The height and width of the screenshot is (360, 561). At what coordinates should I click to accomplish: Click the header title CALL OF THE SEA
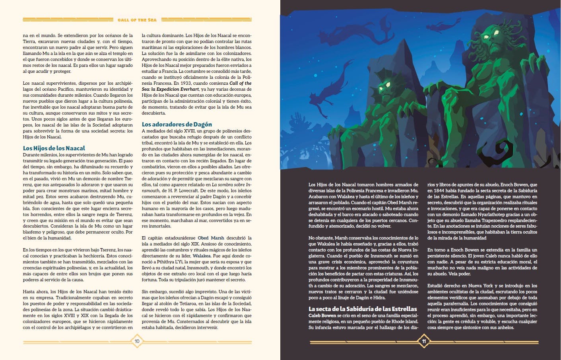[137, 19]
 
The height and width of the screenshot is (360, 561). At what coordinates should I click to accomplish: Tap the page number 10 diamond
[137, 341]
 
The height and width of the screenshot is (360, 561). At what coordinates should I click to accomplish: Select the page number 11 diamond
[424, 341]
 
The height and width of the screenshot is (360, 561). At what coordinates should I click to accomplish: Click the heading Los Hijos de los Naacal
[54, 148]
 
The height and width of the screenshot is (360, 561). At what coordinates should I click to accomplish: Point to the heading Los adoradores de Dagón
[177, 124]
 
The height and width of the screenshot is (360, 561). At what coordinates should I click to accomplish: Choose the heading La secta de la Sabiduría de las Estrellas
[363, 309]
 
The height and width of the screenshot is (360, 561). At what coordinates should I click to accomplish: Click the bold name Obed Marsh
[211, 238]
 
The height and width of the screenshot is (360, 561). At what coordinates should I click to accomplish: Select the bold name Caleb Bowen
[322, 315]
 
